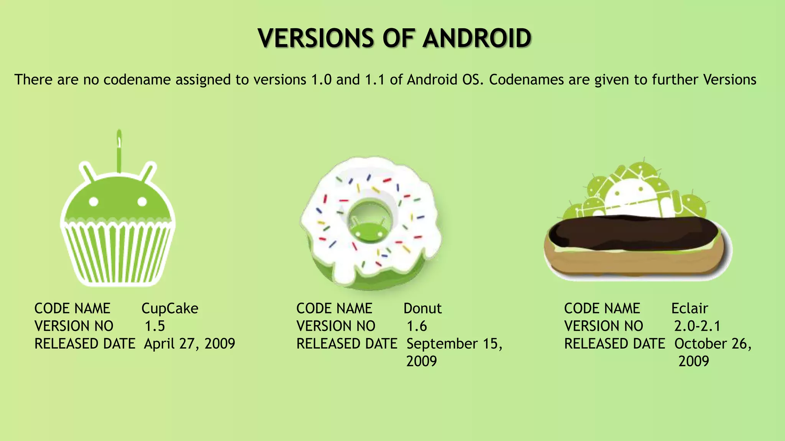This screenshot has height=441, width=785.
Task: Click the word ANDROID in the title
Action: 477,38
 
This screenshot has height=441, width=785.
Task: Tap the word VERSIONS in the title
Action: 315,38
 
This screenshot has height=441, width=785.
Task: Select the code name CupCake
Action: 170,309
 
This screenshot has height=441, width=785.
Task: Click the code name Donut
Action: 422,309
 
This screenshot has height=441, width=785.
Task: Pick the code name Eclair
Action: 689,309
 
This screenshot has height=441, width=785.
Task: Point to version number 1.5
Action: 154,326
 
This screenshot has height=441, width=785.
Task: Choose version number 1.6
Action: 417,326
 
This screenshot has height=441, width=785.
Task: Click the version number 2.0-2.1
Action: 697,326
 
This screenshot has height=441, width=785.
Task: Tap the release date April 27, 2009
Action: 189,344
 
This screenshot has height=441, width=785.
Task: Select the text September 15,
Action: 454,344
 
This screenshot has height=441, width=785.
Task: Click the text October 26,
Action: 713,344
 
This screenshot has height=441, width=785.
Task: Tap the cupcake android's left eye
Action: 94,201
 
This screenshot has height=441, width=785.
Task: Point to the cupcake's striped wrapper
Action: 118,253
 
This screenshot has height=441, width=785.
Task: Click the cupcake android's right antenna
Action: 149,171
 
